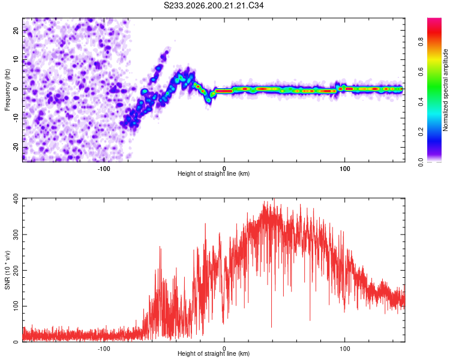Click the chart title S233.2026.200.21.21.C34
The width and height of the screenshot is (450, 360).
click(214, 5)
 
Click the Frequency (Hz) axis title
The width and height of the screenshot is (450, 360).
click(7, 90)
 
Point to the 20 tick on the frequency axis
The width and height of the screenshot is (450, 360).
click(16, 31)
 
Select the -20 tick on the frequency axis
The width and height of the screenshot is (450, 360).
click(16, 148)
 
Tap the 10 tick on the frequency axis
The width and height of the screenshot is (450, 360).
click(16, 60)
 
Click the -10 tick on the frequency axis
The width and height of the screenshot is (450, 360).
click(16, 118)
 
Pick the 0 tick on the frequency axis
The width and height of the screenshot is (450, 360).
click(16, 89)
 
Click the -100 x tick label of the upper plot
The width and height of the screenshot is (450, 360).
click(104, 169)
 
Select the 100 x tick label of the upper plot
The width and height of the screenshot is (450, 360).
click(344, 169)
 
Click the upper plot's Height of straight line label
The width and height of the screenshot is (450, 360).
click(214, 173)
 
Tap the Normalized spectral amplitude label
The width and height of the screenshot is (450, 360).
click(445, 90)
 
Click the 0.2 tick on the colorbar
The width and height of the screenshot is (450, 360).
click(421, 132)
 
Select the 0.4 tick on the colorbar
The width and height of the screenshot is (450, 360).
click(421, 102)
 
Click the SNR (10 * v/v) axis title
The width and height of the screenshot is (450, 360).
click(7, 270)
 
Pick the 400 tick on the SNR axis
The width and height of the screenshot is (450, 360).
click(16, 199)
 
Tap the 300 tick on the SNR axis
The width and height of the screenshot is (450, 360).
click(16, 235)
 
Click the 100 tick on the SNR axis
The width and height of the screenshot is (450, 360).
click(16, 306)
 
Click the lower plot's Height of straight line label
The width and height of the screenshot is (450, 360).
click(214, 353)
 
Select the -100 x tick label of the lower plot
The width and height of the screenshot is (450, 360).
click(104, 349)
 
